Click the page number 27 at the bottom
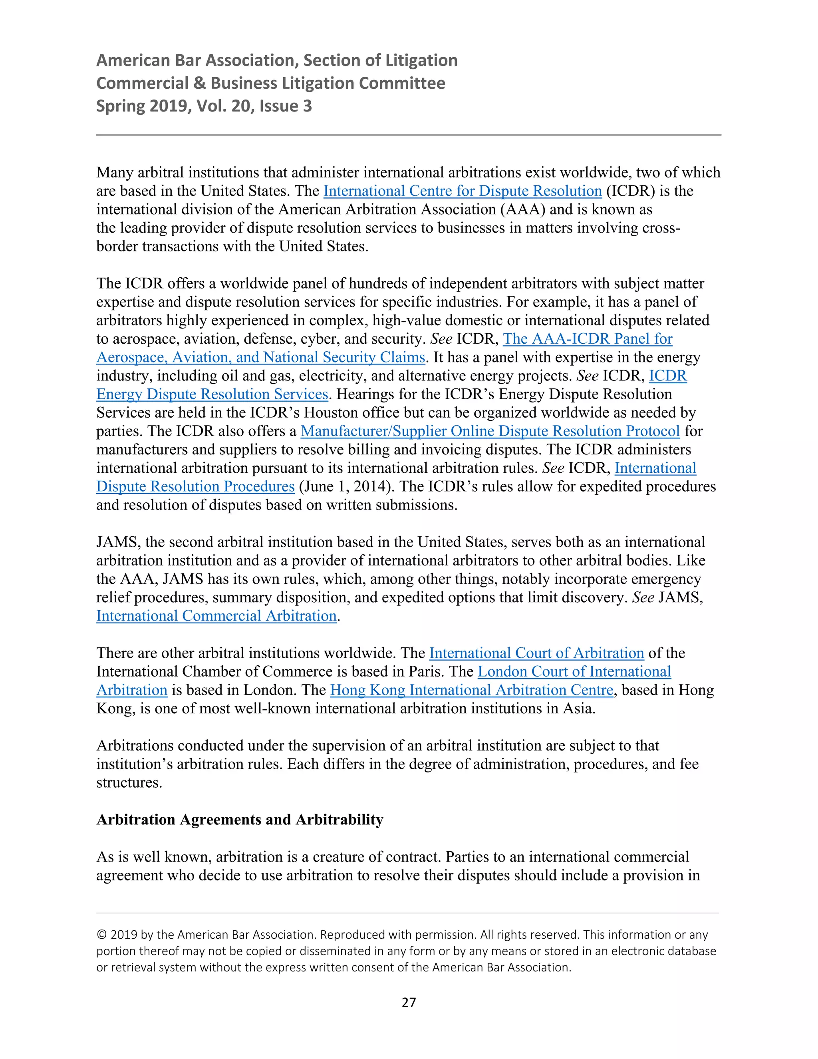tap(409, 1002)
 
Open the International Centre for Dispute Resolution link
tap(462, 191)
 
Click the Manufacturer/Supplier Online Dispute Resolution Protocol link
tap(490, 431)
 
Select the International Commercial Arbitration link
tap(216, 616)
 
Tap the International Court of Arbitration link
tap(536, 653)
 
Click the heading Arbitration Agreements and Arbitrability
tap(240, 820)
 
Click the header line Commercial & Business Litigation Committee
tap(270, 83)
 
